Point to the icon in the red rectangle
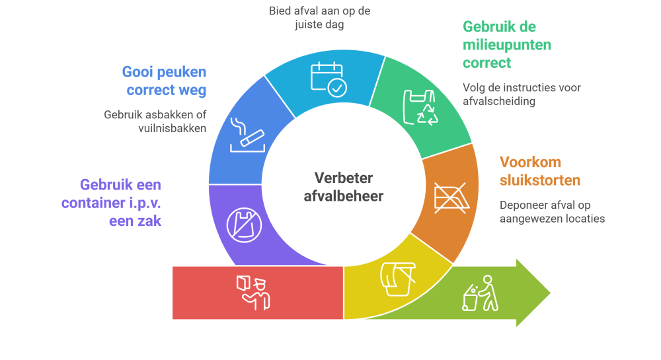coord(253,292)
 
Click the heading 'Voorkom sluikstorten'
coord(539,171)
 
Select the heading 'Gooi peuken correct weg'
coord(164,80)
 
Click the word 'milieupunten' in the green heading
coord(506,46)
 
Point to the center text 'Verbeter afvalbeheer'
coord(343,187)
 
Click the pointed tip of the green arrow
coord(550,293)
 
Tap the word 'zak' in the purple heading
coord(151,221)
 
